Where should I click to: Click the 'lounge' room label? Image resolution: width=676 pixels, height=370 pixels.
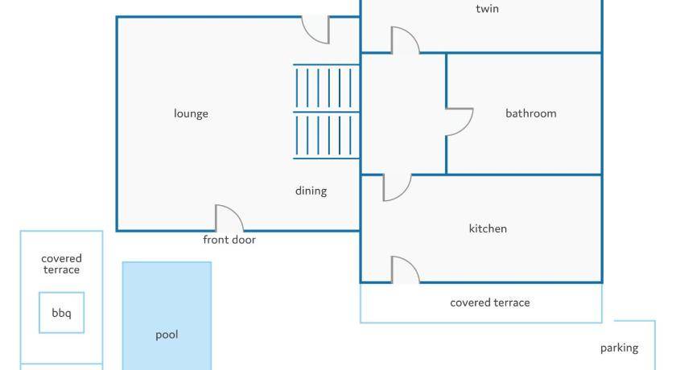(191, 113)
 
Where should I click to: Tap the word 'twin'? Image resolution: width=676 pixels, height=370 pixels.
(487, 9)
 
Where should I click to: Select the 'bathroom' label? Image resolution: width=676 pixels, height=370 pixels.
(530, 113)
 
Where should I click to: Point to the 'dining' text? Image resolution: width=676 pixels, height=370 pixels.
(311, 191)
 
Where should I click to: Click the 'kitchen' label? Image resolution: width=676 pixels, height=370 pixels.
(488, 228)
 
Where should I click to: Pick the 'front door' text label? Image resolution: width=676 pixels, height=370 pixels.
(229, 240)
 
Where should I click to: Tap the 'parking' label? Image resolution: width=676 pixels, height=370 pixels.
(619, 348)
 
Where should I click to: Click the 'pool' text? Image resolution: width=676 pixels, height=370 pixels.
(167, 335)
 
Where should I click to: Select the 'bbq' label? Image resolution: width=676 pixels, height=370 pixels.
(61, 313)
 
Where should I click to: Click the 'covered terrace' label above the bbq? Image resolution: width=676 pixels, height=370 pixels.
(61, 265)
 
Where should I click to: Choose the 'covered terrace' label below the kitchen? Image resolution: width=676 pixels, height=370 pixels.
(489, 302)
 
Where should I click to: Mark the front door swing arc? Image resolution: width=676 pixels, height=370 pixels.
(229, 217)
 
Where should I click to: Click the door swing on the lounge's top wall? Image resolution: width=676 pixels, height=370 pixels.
(315, 30)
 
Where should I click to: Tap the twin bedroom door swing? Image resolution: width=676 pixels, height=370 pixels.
(405, 40)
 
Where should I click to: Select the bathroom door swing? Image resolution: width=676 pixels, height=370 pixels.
(460, 121)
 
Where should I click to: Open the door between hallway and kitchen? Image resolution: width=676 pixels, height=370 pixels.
(397, 187)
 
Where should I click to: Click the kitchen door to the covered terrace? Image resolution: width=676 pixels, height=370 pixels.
(405, 270)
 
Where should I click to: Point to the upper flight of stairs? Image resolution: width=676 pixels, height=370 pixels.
(326, 87)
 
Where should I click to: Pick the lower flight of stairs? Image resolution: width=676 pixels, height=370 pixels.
(326, 134)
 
